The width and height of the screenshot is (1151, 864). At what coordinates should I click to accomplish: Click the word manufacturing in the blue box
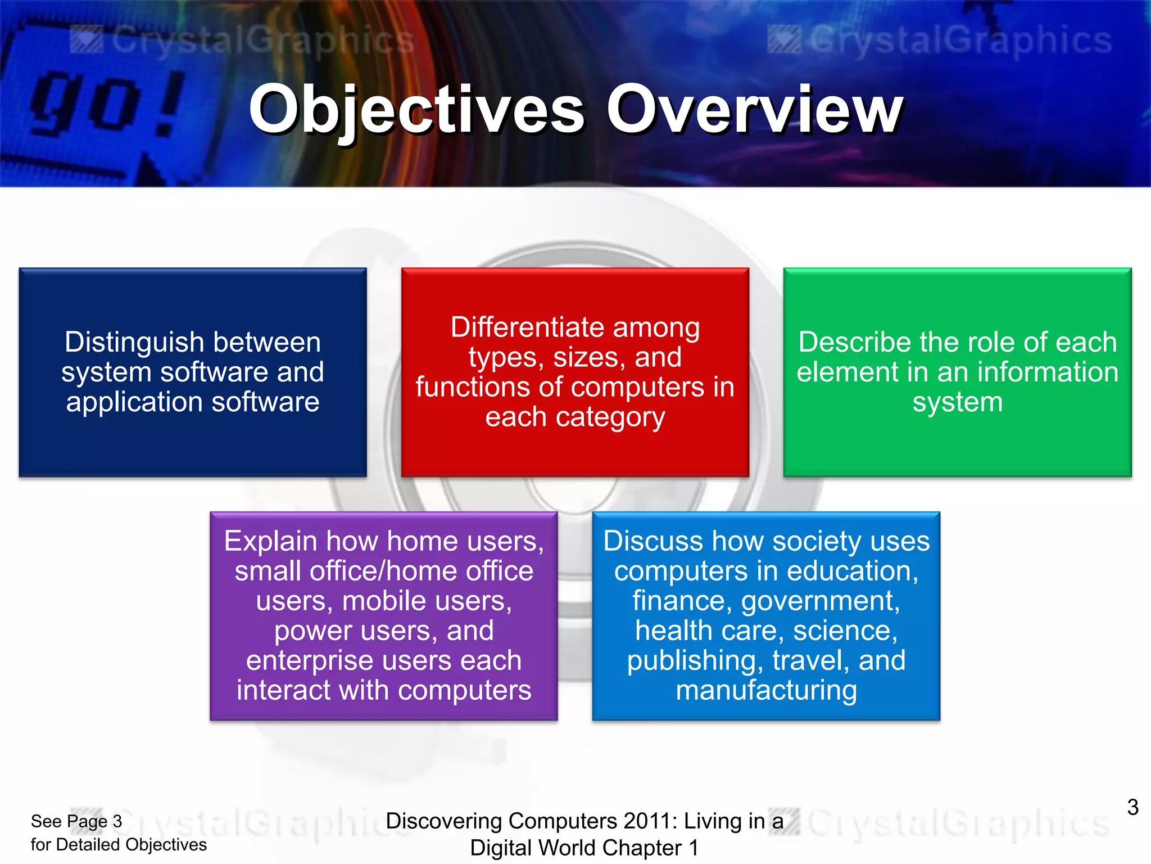(x=766, y=690)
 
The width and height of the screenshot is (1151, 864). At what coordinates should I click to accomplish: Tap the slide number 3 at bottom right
(x=1132, y=808)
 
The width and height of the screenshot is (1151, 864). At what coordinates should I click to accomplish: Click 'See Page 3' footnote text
(x=76, y=821)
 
